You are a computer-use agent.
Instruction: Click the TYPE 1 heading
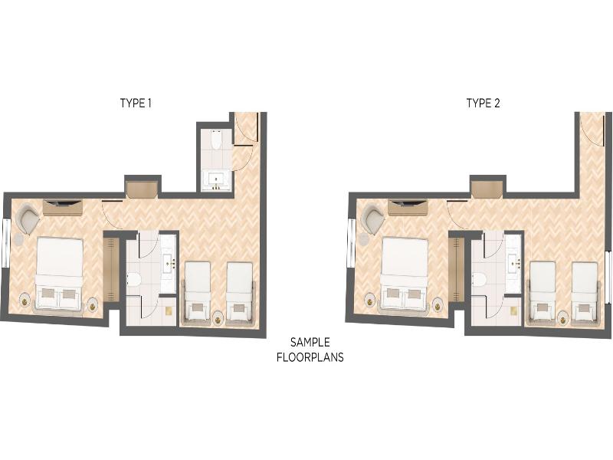point(136,103)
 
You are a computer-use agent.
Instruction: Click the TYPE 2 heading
point(483,103)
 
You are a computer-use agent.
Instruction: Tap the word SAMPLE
point(310,342)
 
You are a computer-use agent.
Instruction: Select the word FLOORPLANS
point(310,357)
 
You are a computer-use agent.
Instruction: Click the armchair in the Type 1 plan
point(28,219)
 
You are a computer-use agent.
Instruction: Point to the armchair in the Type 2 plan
point(374,219)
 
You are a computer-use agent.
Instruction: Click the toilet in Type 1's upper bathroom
point(216,140)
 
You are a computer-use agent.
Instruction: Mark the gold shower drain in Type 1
point(169,311)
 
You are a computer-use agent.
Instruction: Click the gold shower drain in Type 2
point(514,311)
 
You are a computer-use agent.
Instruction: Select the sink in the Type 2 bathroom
point(514,261)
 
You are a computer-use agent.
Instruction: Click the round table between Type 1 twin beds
point(218,318)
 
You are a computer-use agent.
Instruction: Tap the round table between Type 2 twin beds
point(563,318)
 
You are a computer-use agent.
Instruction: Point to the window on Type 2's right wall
point(608,278)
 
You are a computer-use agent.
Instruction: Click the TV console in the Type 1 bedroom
point(63,207)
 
